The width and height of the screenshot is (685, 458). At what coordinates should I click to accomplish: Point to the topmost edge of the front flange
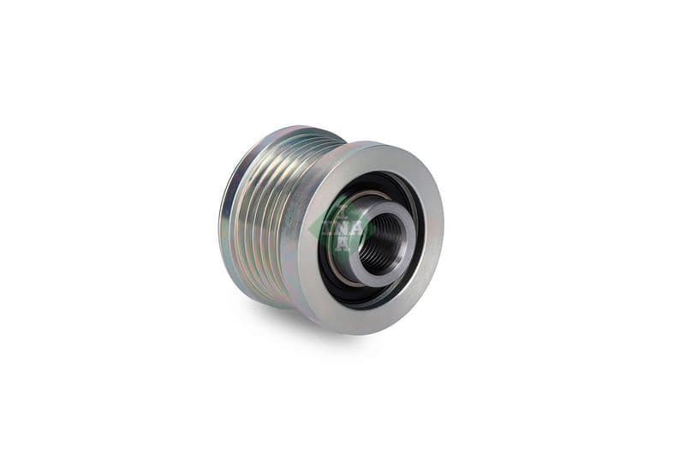(x=377, y=144)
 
